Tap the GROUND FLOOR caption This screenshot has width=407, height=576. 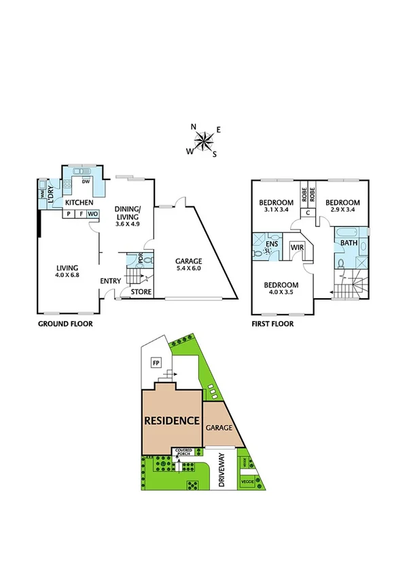click(x=65, y=324)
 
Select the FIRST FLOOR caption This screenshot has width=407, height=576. click(x=272, y=324)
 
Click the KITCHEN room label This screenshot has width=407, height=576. click(x=79, y=202)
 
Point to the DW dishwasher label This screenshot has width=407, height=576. click(x=85, y=181)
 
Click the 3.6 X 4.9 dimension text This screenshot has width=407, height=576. click(x=127, y=223)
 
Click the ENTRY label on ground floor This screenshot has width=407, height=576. click(x=110, y=281)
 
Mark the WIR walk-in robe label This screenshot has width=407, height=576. click(x=297, y=249)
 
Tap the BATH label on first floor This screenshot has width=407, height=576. click(x=349, y=242)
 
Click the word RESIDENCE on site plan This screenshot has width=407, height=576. click(x=172, y=420)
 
